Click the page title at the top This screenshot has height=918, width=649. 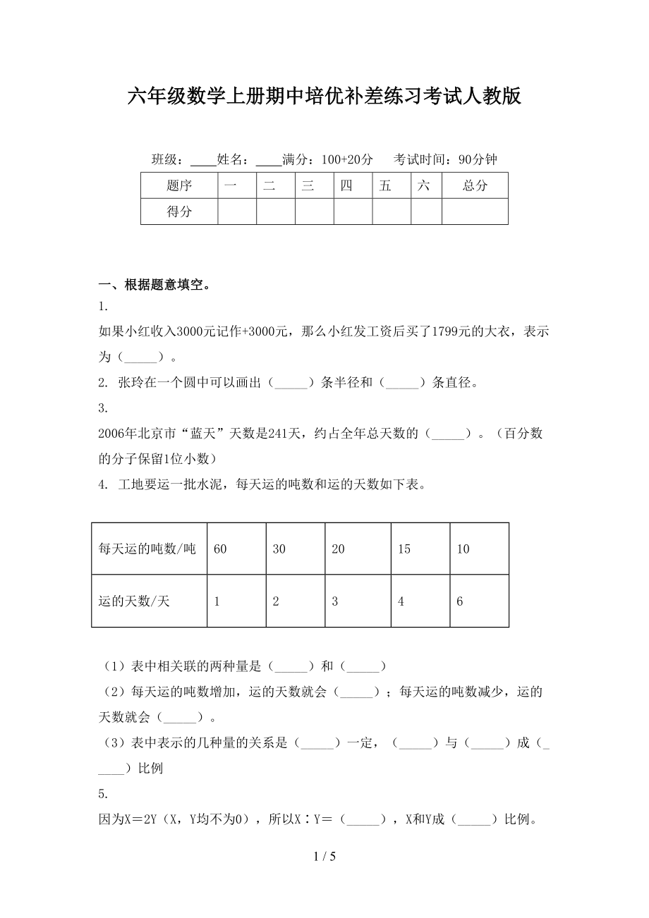324,97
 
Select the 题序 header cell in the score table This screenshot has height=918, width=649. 179,186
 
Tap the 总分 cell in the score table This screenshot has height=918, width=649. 475,186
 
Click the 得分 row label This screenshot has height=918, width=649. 179,212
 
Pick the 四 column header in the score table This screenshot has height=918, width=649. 346,186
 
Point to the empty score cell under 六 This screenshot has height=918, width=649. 426,212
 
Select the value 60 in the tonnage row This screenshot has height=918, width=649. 220,549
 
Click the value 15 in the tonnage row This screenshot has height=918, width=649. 404,549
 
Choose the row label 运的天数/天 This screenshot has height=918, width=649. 135,601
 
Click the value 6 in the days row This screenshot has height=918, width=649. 460,601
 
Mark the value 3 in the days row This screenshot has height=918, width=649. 335,601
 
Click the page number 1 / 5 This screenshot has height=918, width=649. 324,857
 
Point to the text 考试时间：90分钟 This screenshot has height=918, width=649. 445,160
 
